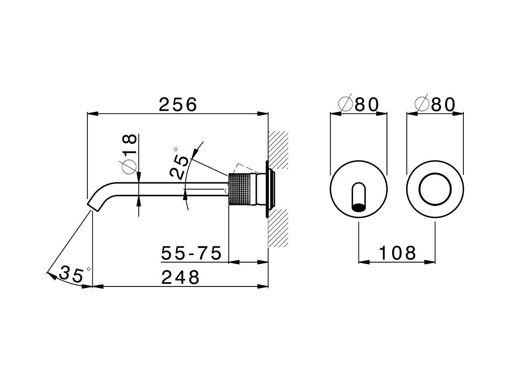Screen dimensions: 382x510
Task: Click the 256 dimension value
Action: point(178,105)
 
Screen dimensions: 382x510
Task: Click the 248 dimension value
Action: point(180,277)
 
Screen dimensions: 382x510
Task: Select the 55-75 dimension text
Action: point(191,253)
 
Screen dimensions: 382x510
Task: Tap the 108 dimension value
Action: point(397,253)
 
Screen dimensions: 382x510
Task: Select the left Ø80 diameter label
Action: point(358,105)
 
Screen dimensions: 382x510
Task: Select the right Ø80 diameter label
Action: point(435,105)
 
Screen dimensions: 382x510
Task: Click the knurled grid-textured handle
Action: point(239,189)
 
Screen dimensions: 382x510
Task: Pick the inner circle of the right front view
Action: point(435,189)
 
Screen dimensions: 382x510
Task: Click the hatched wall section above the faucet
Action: point(278,150)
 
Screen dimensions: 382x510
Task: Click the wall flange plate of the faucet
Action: point(265,189)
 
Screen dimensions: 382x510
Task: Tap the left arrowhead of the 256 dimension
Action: point(92,114)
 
